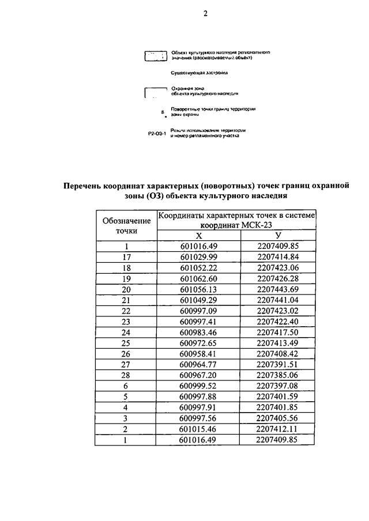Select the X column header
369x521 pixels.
pyautogui.click(x=198, y=236)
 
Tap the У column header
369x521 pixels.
pyautogui.click(x=278, y=236)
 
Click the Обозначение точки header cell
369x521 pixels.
pyautogui.click(x=126, y=225)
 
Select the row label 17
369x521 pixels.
pyautogui.click(x=126, y=257)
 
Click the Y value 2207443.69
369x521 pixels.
pyautogui.click(x=278, y=289)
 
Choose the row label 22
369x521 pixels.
pyautogui.click(x=126, y=311)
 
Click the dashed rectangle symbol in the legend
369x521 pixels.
pyautogui.click(x=155, y=55)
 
